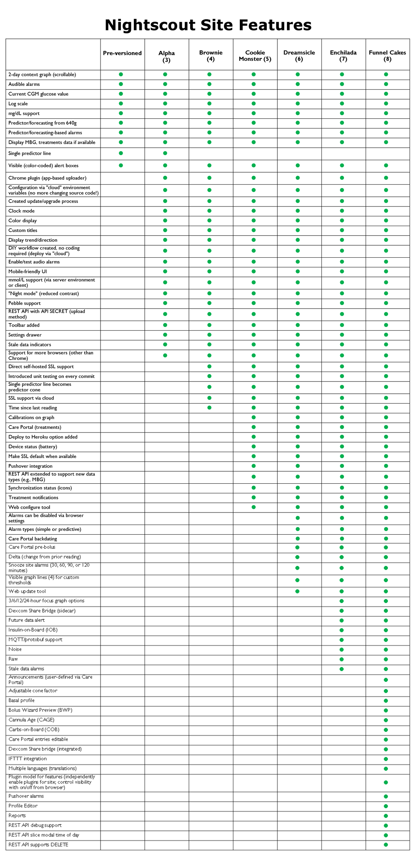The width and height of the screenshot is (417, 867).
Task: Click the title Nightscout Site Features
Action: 208,25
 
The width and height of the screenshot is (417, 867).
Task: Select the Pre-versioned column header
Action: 122,53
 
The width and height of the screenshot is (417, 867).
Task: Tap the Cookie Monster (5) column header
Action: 255,56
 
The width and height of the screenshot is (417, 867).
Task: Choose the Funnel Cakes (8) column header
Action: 387,56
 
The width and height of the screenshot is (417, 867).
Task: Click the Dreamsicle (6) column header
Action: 299,56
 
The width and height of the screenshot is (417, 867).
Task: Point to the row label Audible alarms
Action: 24,84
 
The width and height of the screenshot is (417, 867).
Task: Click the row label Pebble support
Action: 25,303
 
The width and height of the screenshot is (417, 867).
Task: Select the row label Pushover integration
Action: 30,466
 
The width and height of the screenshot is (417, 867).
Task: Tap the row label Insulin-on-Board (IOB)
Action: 33,630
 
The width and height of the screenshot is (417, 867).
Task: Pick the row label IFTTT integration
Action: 28,759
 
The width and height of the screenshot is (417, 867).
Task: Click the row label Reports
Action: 17,815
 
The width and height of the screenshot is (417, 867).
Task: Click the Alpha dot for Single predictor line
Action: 165,153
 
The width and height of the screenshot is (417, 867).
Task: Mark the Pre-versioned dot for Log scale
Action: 121,103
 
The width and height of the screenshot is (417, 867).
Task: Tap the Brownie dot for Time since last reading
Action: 209,407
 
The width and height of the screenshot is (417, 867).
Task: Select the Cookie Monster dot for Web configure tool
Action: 254,507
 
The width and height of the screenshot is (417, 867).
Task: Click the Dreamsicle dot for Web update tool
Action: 297,591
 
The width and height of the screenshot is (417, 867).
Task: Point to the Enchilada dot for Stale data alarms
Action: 342,669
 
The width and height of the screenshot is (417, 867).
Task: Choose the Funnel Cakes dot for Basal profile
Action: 386,701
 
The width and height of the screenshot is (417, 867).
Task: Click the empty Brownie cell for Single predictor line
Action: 211,153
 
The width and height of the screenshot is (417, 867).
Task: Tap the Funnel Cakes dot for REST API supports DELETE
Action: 386,844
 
